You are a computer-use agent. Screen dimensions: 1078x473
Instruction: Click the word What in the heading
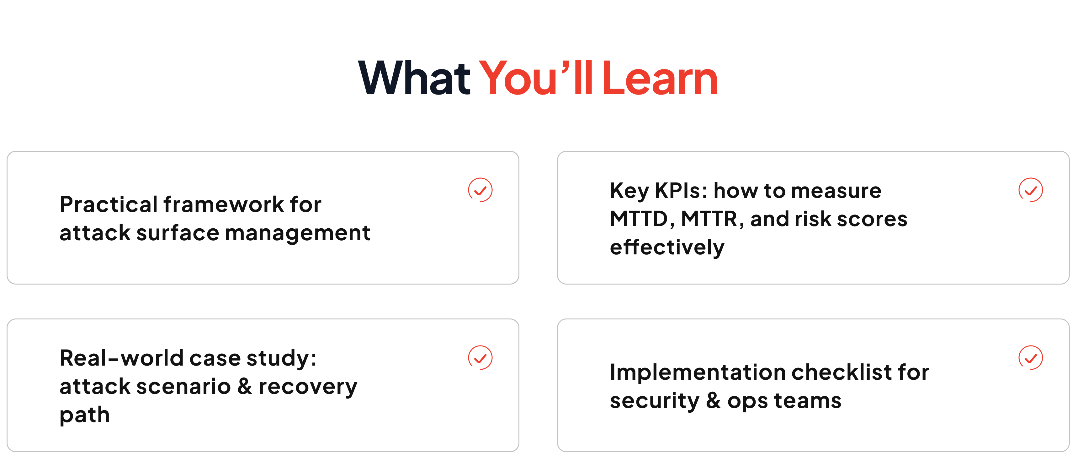pos(414,78)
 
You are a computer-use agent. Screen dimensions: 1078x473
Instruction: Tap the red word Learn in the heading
pos(660,78)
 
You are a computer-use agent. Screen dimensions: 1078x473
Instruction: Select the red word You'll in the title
pos(536,78)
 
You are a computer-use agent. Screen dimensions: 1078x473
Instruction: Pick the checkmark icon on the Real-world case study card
pos(480,357)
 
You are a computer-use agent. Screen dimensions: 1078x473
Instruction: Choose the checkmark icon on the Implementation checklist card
pos(1030,357)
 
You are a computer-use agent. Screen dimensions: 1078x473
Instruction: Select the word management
pos(298,233)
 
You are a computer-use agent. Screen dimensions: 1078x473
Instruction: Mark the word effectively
pos(667,247)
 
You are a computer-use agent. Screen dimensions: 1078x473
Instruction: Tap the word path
pos(85,415)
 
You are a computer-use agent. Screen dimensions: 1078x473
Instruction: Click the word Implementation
pos(698,372)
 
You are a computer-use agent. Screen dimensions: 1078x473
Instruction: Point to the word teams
pos(807,401)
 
